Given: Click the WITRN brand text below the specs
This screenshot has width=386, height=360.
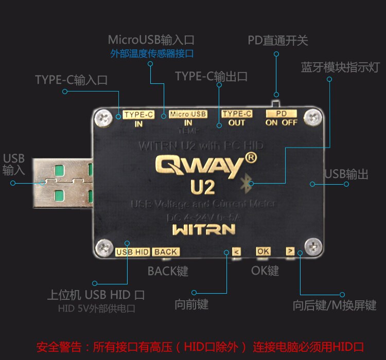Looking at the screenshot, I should click(204, 229).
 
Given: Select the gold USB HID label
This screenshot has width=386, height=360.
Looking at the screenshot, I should click(132, 252).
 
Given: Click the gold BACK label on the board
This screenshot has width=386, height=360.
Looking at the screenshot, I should click(166, 252).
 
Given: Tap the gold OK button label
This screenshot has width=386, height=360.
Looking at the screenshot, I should click(263, 251).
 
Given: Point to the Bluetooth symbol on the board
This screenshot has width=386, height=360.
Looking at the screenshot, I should click(247, 181).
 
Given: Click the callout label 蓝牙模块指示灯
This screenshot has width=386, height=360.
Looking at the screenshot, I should click(340, 68).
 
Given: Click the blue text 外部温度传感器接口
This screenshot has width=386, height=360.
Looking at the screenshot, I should click(152, 53).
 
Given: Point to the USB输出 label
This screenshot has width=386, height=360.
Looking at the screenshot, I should click(346, 174).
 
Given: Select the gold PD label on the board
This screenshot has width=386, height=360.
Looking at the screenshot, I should click(281, 113).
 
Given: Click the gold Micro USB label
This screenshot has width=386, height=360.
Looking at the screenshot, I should click(188, 114).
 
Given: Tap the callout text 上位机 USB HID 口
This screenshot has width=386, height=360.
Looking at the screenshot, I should click(96, 295).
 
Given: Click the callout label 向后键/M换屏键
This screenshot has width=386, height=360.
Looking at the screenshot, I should click(335, 305).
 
